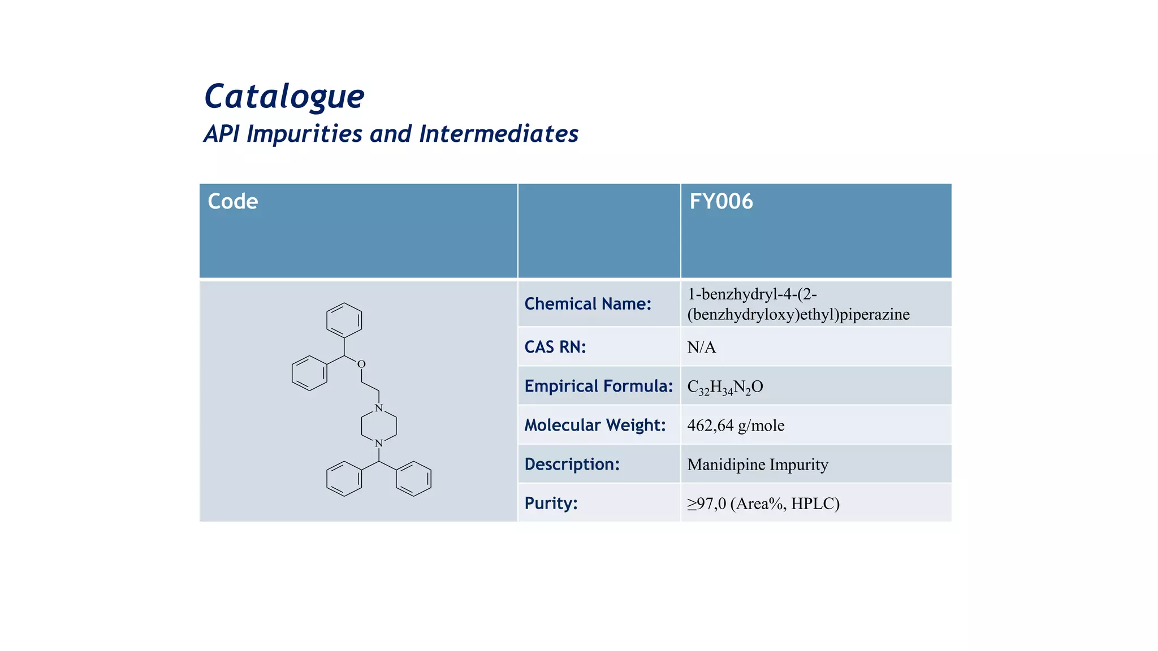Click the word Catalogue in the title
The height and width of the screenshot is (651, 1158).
(x=284, y=97)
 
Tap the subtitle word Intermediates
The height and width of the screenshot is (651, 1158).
(x=498, y=134)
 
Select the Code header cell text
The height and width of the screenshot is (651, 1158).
(x=232, y=202)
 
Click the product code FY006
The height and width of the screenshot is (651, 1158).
(x=721, y=202)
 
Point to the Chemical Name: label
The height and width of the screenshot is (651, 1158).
(x=587, y=304)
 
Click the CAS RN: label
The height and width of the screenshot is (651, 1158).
(x=555, y=347)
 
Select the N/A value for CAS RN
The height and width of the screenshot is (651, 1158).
(x=701, y=348)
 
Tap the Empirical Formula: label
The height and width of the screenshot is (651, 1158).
(x=598, y=386)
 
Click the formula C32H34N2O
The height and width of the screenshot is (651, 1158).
(x=725, y=387)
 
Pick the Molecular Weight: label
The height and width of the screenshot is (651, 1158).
(x=595, y=425)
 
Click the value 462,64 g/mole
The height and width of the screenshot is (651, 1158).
(x=736, y=426)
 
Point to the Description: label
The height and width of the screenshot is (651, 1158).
(x=572, y=464)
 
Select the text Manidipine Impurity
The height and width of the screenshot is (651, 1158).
(x=758, y=465)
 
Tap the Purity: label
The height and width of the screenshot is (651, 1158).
(x=551, y=503)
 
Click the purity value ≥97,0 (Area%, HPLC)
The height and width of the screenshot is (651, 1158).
(x=763, y=504)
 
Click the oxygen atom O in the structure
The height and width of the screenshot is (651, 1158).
(x=361, y=364)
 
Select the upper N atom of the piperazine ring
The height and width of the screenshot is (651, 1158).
(x=379, y=408)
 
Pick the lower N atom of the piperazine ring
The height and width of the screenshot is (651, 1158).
(x=379, y=444)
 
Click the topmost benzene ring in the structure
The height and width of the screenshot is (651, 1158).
(x=344, y=320)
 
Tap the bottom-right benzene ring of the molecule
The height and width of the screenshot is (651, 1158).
(x=414, y=479)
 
